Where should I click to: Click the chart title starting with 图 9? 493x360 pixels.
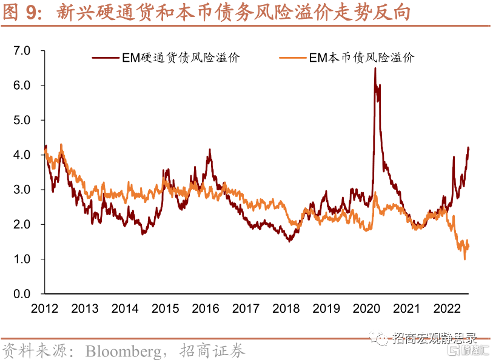pos(206,13)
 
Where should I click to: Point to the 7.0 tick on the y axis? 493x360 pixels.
pos(22,51)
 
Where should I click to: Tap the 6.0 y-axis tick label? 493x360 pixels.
pos(22,85)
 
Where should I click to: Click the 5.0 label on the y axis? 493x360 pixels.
pos(22,120)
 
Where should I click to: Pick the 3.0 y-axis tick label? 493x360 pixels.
pos(22,190)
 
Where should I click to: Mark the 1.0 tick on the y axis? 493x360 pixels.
pos(22,259)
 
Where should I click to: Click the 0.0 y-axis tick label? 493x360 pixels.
pos(22,294)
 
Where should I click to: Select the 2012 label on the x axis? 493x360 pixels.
pos(45,308)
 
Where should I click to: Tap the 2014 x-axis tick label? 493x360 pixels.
pos(126,308)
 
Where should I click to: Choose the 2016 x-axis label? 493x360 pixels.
pos(206,308)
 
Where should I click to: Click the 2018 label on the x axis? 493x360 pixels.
pos(286,308)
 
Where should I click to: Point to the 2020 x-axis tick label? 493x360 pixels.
pos(366,308)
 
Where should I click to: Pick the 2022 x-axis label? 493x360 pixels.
pos(446,308)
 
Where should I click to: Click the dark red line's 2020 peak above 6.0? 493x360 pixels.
pos(375,68)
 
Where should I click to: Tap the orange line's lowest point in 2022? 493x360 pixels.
pos(464,259)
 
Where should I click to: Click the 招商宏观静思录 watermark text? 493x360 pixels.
pos(434,338)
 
